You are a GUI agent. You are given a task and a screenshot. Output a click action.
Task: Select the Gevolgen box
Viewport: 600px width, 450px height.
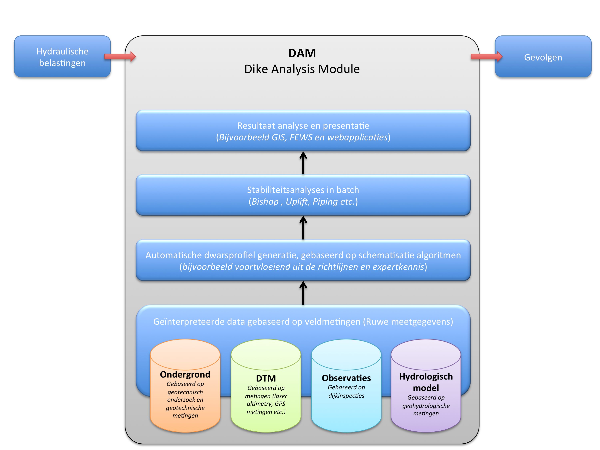pos(543,57)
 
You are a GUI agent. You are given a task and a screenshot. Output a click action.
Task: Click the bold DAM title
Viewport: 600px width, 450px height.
pos(302,53)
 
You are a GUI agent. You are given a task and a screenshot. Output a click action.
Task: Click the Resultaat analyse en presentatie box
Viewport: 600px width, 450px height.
pos(303,131)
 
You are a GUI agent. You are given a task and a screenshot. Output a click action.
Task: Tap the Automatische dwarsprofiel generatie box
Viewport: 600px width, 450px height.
pos(303,260)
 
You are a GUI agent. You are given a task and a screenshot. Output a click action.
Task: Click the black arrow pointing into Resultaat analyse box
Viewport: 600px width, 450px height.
pos(303,163)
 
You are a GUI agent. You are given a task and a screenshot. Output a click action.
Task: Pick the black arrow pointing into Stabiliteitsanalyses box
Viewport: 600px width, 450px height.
pos(303,227)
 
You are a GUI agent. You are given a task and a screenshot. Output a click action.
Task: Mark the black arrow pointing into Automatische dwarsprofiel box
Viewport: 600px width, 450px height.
pos(303,293)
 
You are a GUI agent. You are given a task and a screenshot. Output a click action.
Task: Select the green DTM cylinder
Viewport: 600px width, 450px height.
pos(266,393)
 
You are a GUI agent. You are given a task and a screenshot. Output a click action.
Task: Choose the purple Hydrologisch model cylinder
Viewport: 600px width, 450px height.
pos(426,393)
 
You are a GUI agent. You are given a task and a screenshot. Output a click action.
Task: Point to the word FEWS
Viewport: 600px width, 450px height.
pos(301,137)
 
